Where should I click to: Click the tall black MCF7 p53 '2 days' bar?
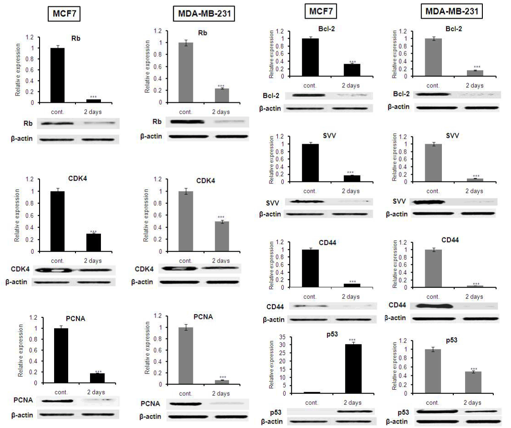[353, 368]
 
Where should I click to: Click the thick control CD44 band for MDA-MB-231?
[432, 306]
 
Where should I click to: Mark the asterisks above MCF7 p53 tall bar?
[353, 340]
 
